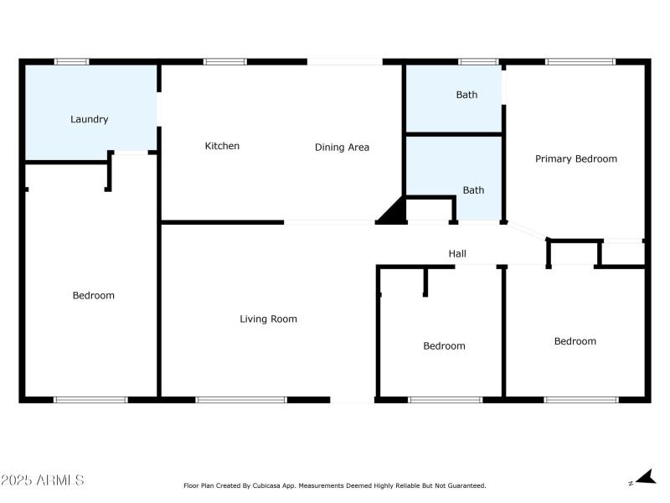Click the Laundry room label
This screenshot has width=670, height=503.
pos(89,119)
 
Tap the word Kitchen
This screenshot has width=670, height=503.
pos(222,146)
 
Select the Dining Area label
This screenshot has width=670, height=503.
pos(342,148)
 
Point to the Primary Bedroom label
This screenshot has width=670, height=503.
pos(576,158)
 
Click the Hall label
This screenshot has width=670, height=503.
pos(457,253)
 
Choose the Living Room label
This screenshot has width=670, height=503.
pos(268,319)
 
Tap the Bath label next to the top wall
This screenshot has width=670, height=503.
pos(466,95)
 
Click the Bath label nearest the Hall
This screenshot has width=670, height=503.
pos(473,190)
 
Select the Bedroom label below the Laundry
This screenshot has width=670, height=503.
pos(93,295)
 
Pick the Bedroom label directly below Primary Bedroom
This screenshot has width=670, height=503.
pos(575,341)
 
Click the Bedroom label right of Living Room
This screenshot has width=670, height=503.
pos(444,346)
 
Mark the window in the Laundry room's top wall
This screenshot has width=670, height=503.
pos(72,61)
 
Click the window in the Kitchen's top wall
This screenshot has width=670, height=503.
pos(225,61)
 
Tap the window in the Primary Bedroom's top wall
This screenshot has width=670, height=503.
pos(580,61)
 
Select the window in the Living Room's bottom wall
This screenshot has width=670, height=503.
pos(241,400)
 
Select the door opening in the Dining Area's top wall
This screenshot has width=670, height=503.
pos(344,61)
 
